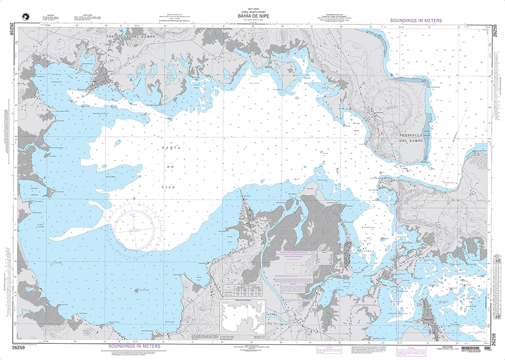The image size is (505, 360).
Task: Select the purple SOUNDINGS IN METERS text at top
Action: pos(416,21)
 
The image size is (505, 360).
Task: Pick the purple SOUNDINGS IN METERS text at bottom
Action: pos(134,346)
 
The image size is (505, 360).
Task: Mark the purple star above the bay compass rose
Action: pos(134,198)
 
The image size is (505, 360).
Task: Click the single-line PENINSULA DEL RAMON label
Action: pos(130,37)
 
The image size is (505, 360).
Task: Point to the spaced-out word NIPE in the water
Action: pos(168,187)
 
